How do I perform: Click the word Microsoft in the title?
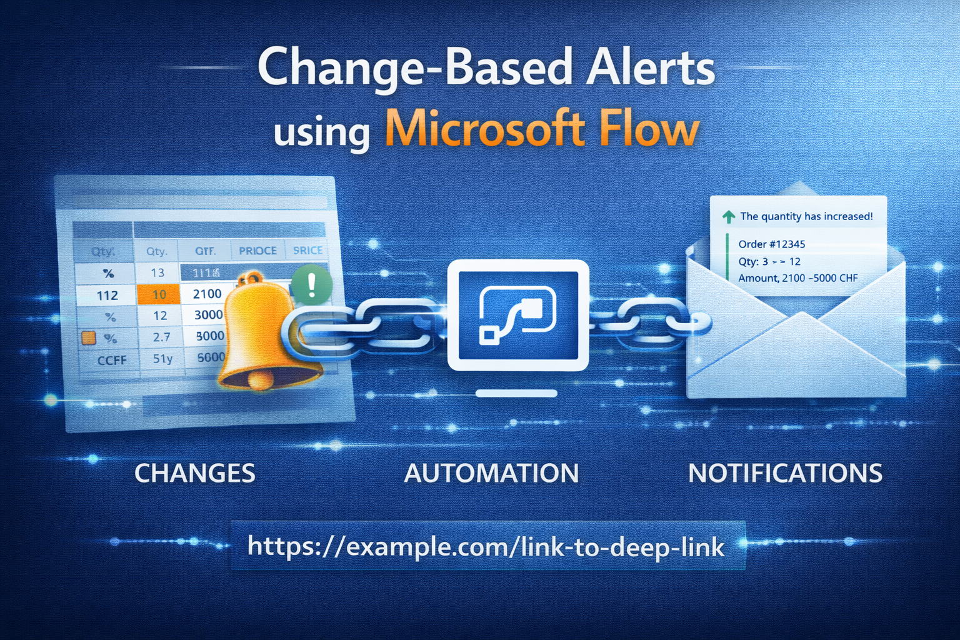[484, 129]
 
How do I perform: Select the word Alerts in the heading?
[650, 67]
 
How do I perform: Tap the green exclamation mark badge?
[311, 284]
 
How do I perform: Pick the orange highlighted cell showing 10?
[159, 294]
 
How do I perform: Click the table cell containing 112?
[107, 295]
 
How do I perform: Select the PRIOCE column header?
[257, 251]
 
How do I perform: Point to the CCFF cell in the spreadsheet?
[112, 360]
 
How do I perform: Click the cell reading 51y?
[162, 359]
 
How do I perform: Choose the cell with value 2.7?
[161, 337]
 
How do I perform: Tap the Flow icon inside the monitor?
[517, 315]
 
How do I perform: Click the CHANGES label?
[194, 473]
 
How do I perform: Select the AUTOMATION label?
[491, 473]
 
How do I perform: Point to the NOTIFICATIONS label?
[785, 473]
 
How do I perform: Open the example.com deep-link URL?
[486, 546]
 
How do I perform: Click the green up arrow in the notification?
[728, 217]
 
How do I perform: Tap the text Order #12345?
[771, 244]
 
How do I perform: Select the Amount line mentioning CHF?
[797, 278]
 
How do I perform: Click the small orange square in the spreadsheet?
[89, 338]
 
